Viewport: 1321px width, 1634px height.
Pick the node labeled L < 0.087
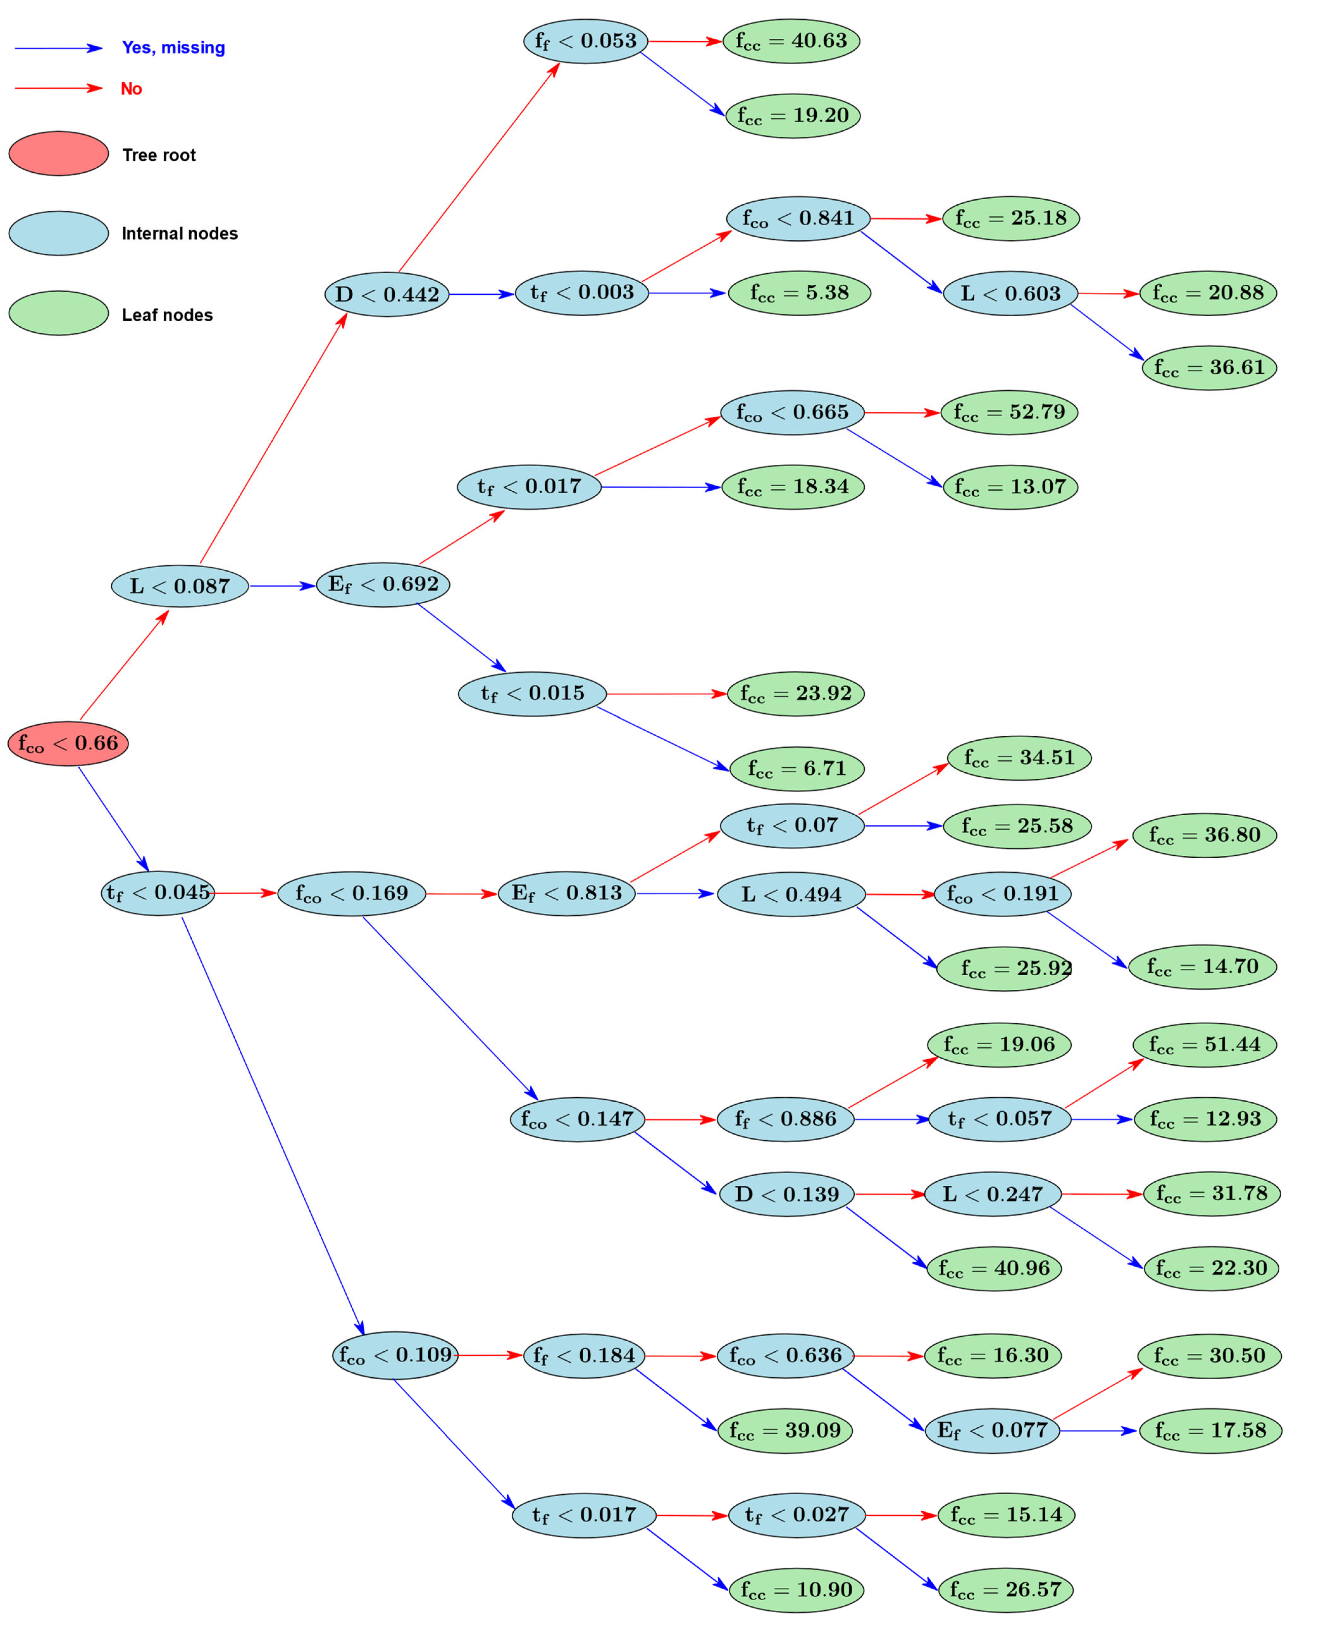pyautogui.click(x=180, y=586)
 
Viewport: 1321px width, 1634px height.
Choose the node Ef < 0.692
pyautogui.click(x=383, y=584)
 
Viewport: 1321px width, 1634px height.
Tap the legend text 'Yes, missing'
pyautogui.click(x=173, y=48)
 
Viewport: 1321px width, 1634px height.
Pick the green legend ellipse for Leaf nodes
pyautogui.click(x=59, y=313)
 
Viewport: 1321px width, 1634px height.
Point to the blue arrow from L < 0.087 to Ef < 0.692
pyautogui.click(x=281, y=586)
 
